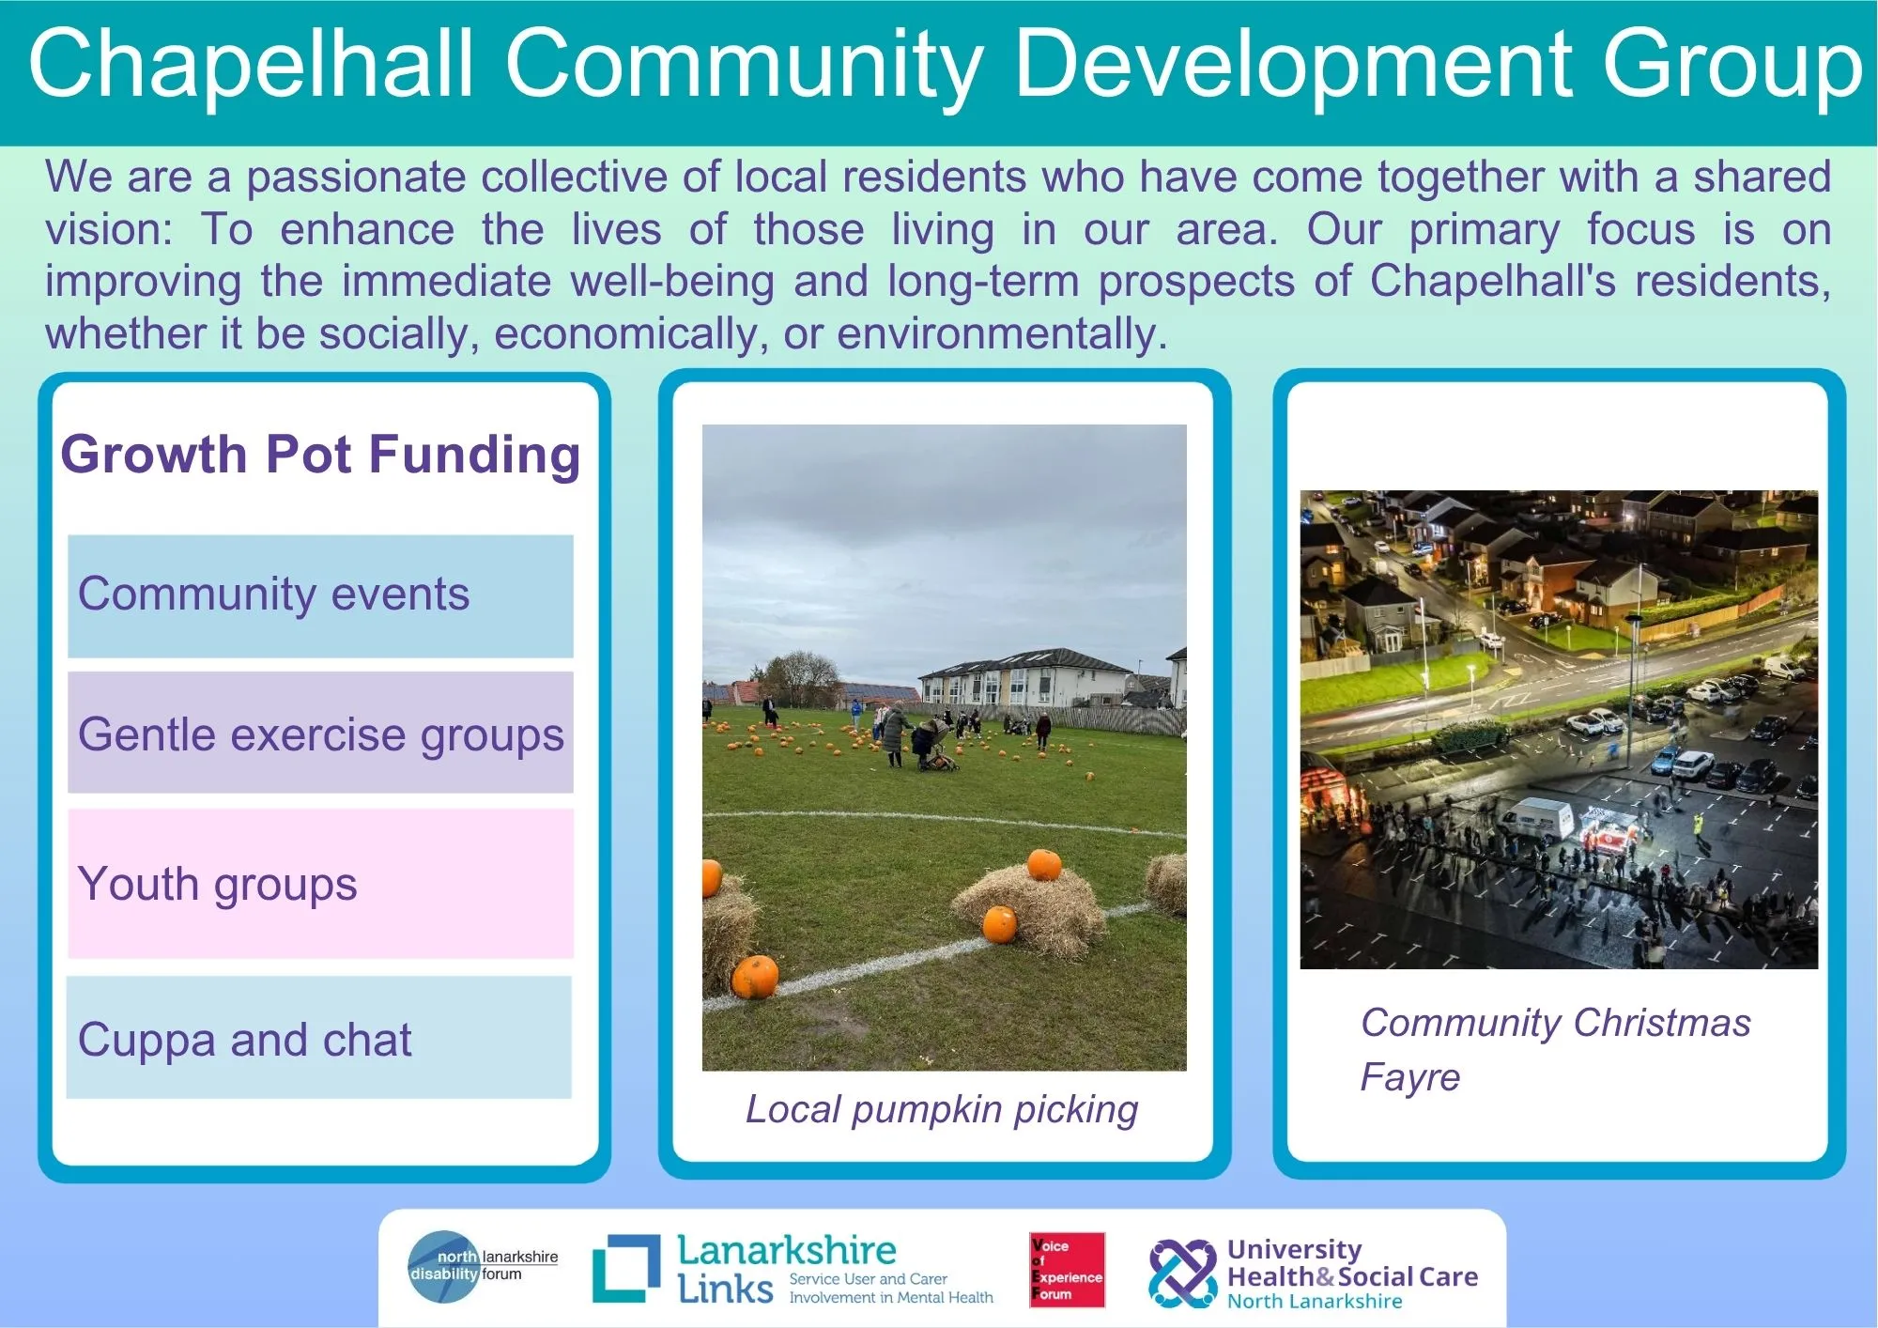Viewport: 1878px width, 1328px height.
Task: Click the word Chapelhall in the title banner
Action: click(251, 63)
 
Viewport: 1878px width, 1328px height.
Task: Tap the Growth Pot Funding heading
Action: click(320, 455)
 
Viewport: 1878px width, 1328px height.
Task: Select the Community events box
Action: click(320, 596)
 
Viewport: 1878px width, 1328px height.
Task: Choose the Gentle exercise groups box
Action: click(320, 733)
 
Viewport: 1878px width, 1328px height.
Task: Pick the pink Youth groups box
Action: click(320, 884)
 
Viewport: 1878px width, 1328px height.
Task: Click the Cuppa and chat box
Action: click(319, 1038)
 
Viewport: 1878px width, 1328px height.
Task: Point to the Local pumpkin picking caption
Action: click(942, 1110)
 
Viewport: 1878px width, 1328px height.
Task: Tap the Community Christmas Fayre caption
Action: click(1555, 1050)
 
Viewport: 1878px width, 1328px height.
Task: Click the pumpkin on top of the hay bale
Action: click(1043, 864)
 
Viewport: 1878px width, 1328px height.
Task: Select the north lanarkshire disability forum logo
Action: click(483, 1267)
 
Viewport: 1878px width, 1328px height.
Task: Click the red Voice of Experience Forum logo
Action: click(1067, 1270)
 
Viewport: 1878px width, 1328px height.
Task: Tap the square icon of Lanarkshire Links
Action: click(626, 1268)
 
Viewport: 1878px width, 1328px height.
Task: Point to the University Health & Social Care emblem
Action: click(1182, 1274)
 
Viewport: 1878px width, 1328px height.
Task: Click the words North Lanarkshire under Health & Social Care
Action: click(1315, 1302)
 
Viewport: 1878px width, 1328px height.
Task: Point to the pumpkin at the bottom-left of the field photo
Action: click(755, 977)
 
